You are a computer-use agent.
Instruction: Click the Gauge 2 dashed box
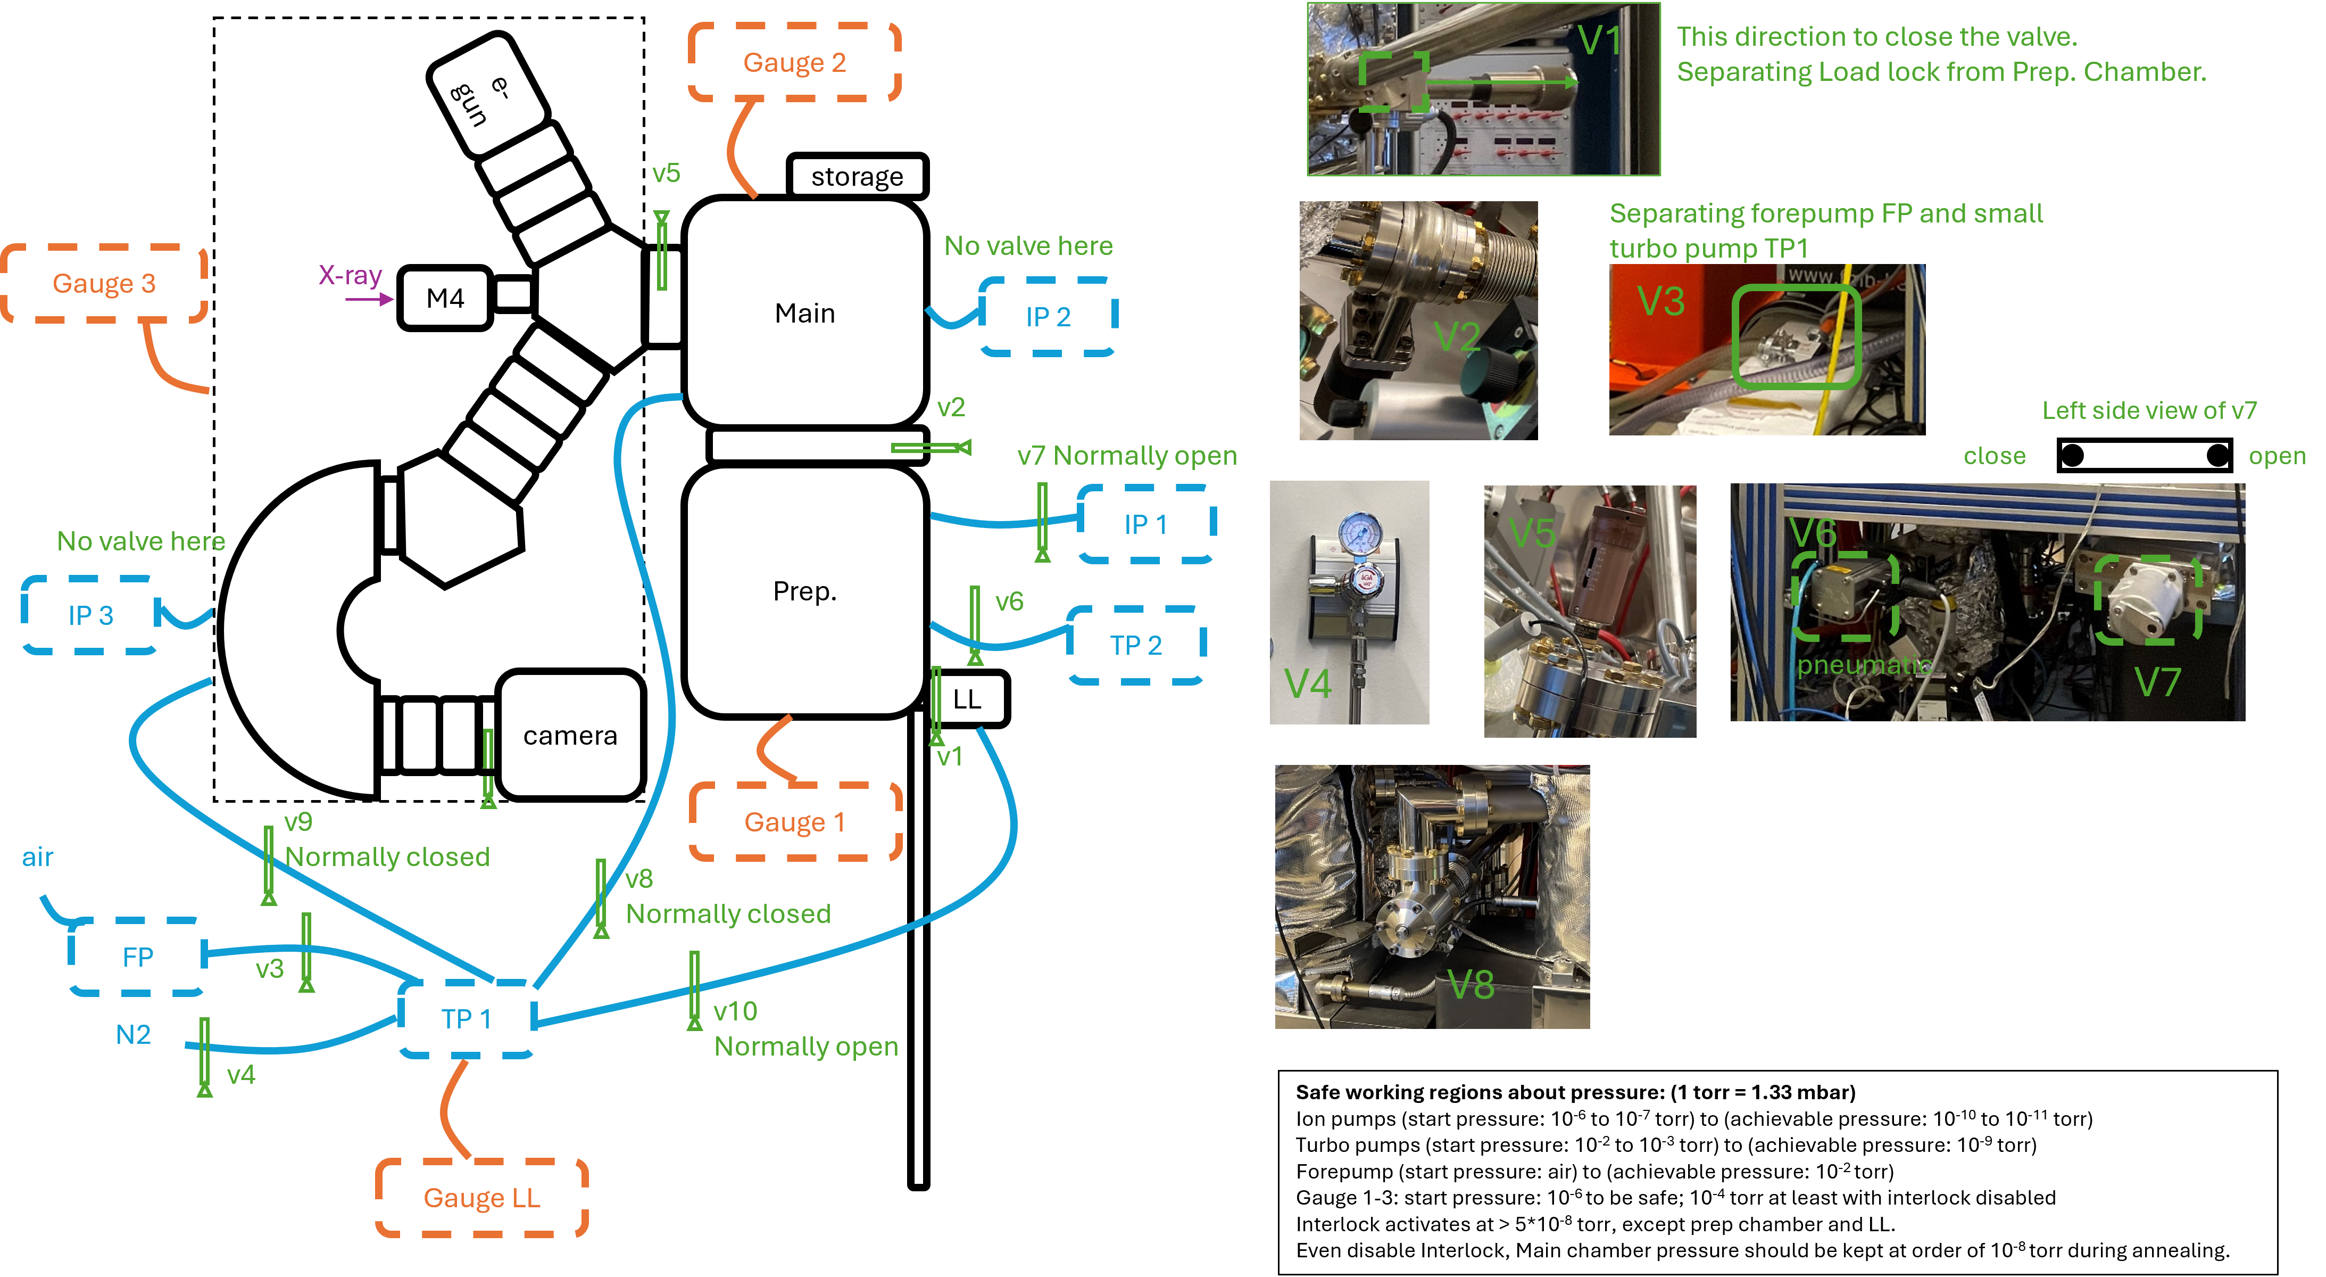click(795, 62)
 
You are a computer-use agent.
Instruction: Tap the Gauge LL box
click(482, 1198)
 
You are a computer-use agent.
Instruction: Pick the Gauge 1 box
click(795, 822)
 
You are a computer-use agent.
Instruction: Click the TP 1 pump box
click(467, 1019)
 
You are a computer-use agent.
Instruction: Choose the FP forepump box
click(137, 957)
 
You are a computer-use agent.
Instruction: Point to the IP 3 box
click(90, 615)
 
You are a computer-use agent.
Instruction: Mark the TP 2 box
click(1136, 645)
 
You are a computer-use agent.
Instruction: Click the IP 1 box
click(1146, 524)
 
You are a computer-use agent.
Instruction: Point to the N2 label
click(134, 1035)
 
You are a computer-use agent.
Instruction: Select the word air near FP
click(38, 857)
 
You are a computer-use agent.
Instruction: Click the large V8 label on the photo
click(1471, 984)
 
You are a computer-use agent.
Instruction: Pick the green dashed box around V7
click(2147, 600)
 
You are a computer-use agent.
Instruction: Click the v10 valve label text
click(735, 1011)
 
